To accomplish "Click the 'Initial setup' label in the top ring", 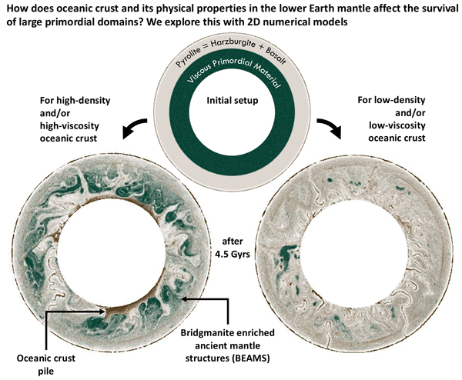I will (231, 100).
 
